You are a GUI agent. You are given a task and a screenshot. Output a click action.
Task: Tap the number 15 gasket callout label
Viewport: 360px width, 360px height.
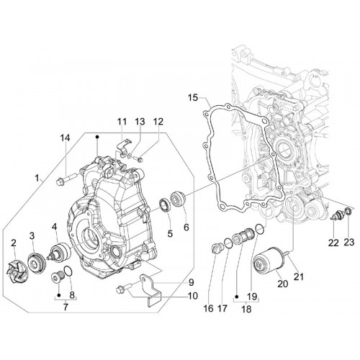(x=193, y=98)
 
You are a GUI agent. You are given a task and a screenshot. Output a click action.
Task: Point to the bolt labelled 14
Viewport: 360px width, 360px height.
(x=66, y=179)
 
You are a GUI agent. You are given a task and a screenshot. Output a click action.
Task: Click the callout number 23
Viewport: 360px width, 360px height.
(x=348, y=243)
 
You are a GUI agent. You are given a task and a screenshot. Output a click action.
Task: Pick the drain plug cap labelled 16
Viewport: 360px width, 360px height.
(x=217, y=247)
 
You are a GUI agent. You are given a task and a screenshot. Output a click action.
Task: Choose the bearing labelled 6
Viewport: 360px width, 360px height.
(x=178, y=198)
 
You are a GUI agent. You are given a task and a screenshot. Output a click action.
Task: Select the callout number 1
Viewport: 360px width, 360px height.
(x=37, y=178)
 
